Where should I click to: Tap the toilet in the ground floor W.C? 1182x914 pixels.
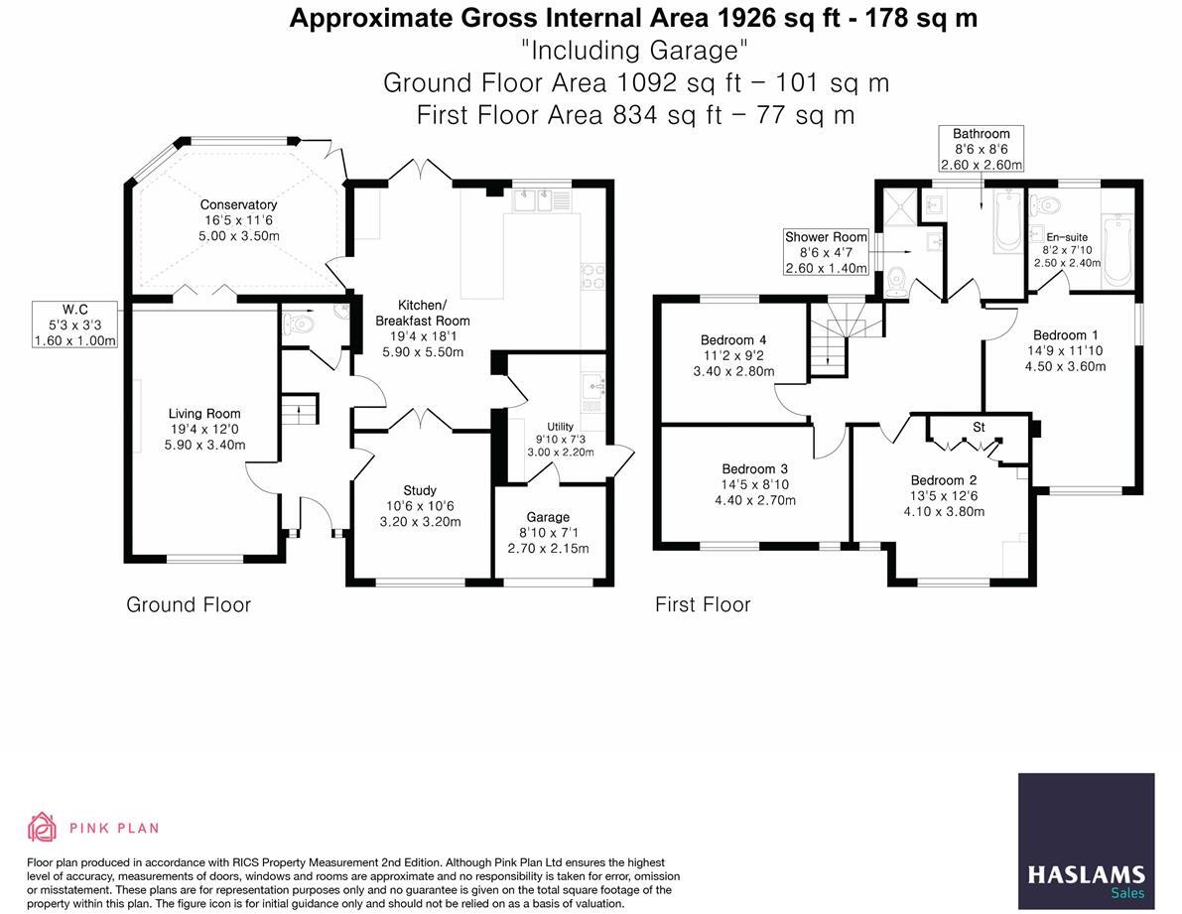(x=297, y=324)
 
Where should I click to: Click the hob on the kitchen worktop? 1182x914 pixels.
(x=591, y=276)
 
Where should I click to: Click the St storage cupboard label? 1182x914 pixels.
(x=979, y=428)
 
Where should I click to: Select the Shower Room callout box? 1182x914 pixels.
(x=826, y=252)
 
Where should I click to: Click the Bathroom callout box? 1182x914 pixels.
(x=981, y=149)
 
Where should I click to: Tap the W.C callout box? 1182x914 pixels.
(x=75, y=325)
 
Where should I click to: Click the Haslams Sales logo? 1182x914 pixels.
(x=1087, y=841)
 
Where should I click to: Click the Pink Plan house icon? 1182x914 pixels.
(x=43, y=828)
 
